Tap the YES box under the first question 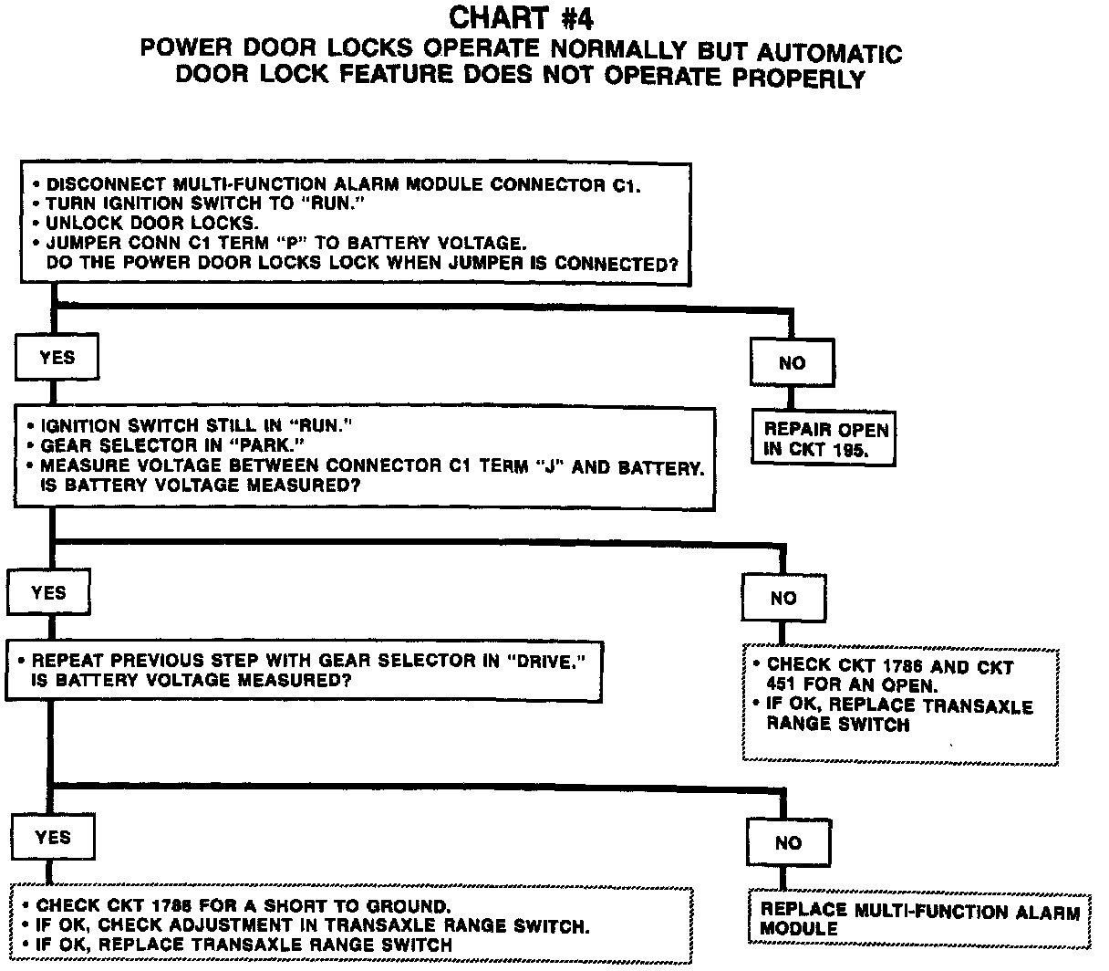[57, 358]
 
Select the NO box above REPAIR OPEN [792, 362]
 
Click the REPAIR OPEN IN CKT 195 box [824, 439]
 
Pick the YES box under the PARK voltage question [48, 592]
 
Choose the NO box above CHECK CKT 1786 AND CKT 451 [783, 599]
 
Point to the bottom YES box [52, 837]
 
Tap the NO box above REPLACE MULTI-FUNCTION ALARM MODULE [788, 842]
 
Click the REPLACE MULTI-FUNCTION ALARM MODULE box [919, 920]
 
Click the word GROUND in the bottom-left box [405, 906]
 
